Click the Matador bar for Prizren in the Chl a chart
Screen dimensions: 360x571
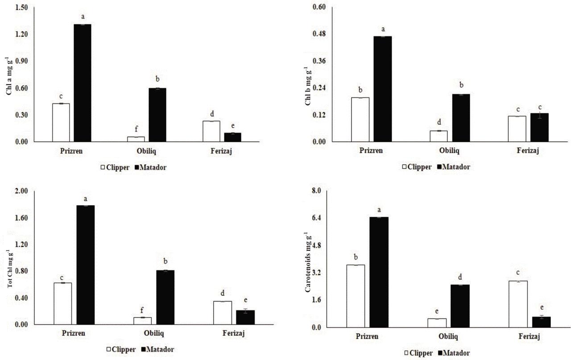83,83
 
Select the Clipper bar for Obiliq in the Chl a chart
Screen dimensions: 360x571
136,139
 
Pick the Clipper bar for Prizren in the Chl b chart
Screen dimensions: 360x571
360,120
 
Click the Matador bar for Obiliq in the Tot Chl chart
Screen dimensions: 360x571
165,297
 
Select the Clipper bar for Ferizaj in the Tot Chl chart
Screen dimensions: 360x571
222,313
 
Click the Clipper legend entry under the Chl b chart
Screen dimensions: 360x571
417,167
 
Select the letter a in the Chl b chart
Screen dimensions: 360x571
383,29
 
